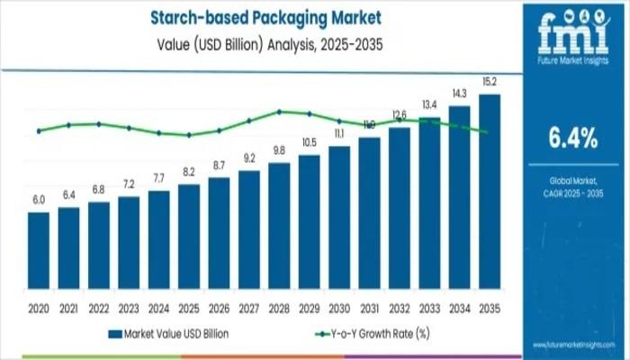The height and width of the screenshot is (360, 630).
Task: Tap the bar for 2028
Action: tap(279, 229)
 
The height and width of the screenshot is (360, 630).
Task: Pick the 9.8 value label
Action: tap(279, 152)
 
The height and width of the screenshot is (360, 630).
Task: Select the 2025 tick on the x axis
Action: tap(189, 309)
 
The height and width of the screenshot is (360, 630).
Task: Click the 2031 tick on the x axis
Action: tap(369, 309)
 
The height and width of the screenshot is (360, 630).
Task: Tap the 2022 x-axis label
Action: tap(99, 309)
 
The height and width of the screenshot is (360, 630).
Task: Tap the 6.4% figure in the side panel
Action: tap(573, 138)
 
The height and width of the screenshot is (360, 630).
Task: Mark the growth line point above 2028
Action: tap(279, 112)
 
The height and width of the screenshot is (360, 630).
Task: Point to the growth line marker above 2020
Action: tap(39, 130)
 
